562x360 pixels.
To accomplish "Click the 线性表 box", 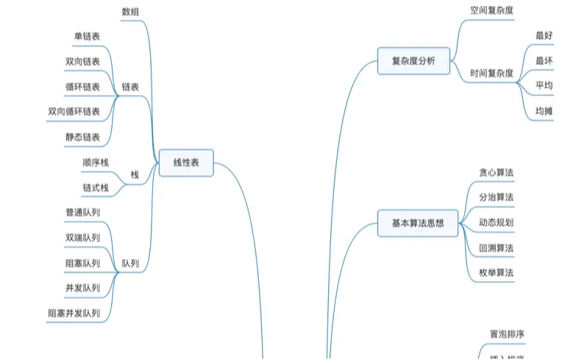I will (186, 163).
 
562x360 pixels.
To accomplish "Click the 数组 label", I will (129, 11).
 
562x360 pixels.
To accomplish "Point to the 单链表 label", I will (87, 35).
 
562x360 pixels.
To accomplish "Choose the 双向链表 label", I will (82, 61).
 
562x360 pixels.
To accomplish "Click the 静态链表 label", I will (82, 137).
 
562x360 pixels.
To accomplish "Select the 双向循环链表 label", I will (74, 112).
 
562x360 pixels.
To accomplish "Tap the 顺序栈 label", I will (96, 162).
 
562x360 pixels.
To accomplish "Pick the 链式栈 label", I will (96, 188).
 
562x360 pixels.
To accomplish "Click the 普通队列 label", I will (82, 212).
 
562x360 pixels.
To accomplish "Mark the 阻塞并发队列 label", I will (74, 313).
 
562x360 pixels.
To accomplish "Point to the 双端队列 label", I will (82, 237).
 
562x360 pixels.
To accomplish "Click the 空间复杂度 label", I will (491, 11).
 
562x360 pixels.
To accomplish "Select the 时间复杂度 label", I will (491, 73).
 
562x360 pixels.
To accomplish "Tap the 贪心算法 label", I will (496, 172).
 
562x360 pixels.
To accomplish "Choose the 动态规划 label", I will (496, 222).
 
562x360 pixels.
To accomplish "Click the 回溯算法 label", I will (496, 248).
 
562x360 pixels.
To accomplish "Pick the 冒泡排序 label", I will (508, 333).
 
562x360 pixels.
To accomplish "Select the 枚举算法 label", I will (496, 273).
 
